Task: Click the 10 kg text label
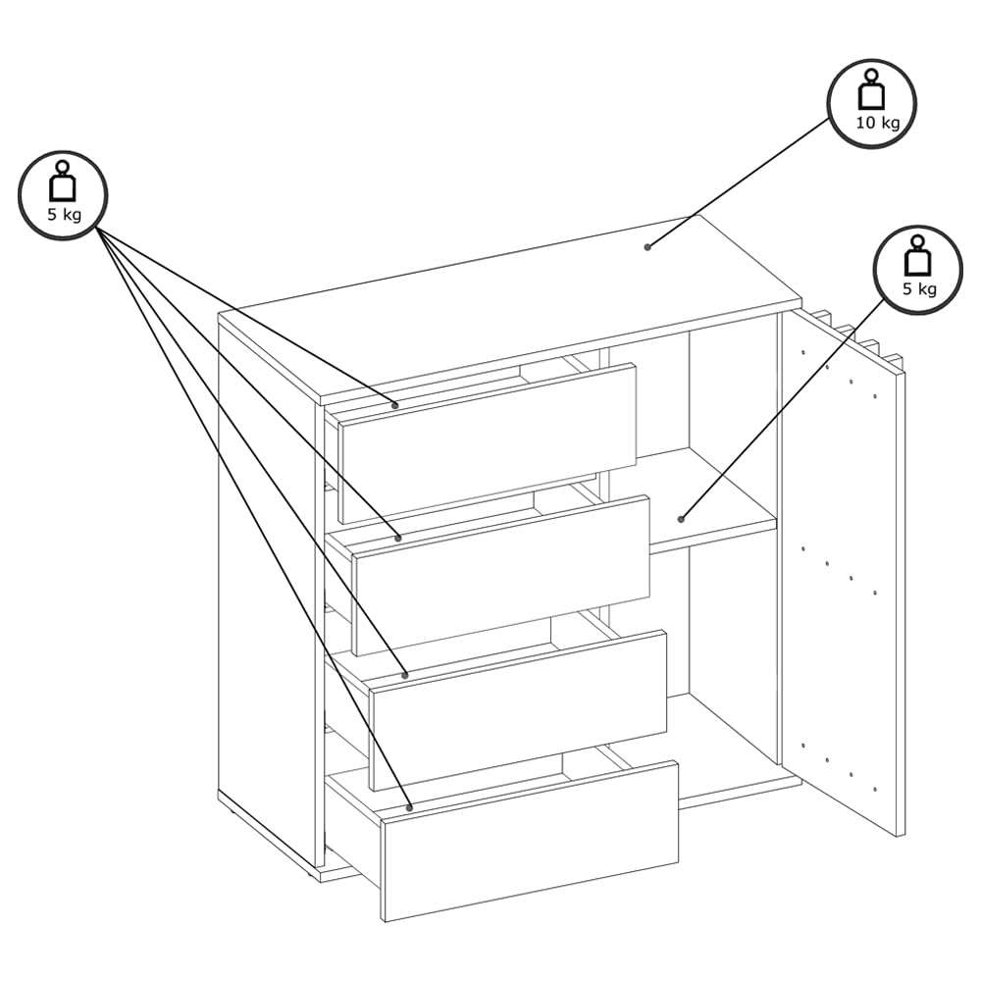pos(878,123)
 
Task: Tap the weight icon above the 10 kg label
pos(871,90)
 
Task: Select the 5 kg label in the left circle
pos(64,215)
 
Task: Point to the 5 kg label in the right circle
pos(919,289)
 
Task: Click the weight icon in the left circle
pos(63,181)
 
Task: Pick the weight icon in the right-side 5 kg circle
pos(918,255)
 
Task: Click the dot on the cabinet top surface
pos(647,247)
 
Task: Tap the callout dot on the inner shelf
pos(682,519)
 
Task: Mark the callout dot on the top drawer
pos(394,405)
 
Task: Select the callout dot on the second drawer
pos(398,538)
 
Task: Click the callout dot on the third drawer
pos(405,675)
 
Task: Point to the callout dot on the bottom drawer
pos(409,807)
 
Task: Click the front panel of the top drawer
pos(488,443)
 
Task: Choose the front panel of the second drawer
pos(501,575)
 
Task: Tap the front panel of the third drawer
pos(519,710)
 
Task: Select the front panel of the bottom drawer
pos(531,841)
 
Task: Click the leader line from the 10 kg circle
pos(740,182)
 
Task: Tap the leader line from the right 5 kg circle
pos(783,408)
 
